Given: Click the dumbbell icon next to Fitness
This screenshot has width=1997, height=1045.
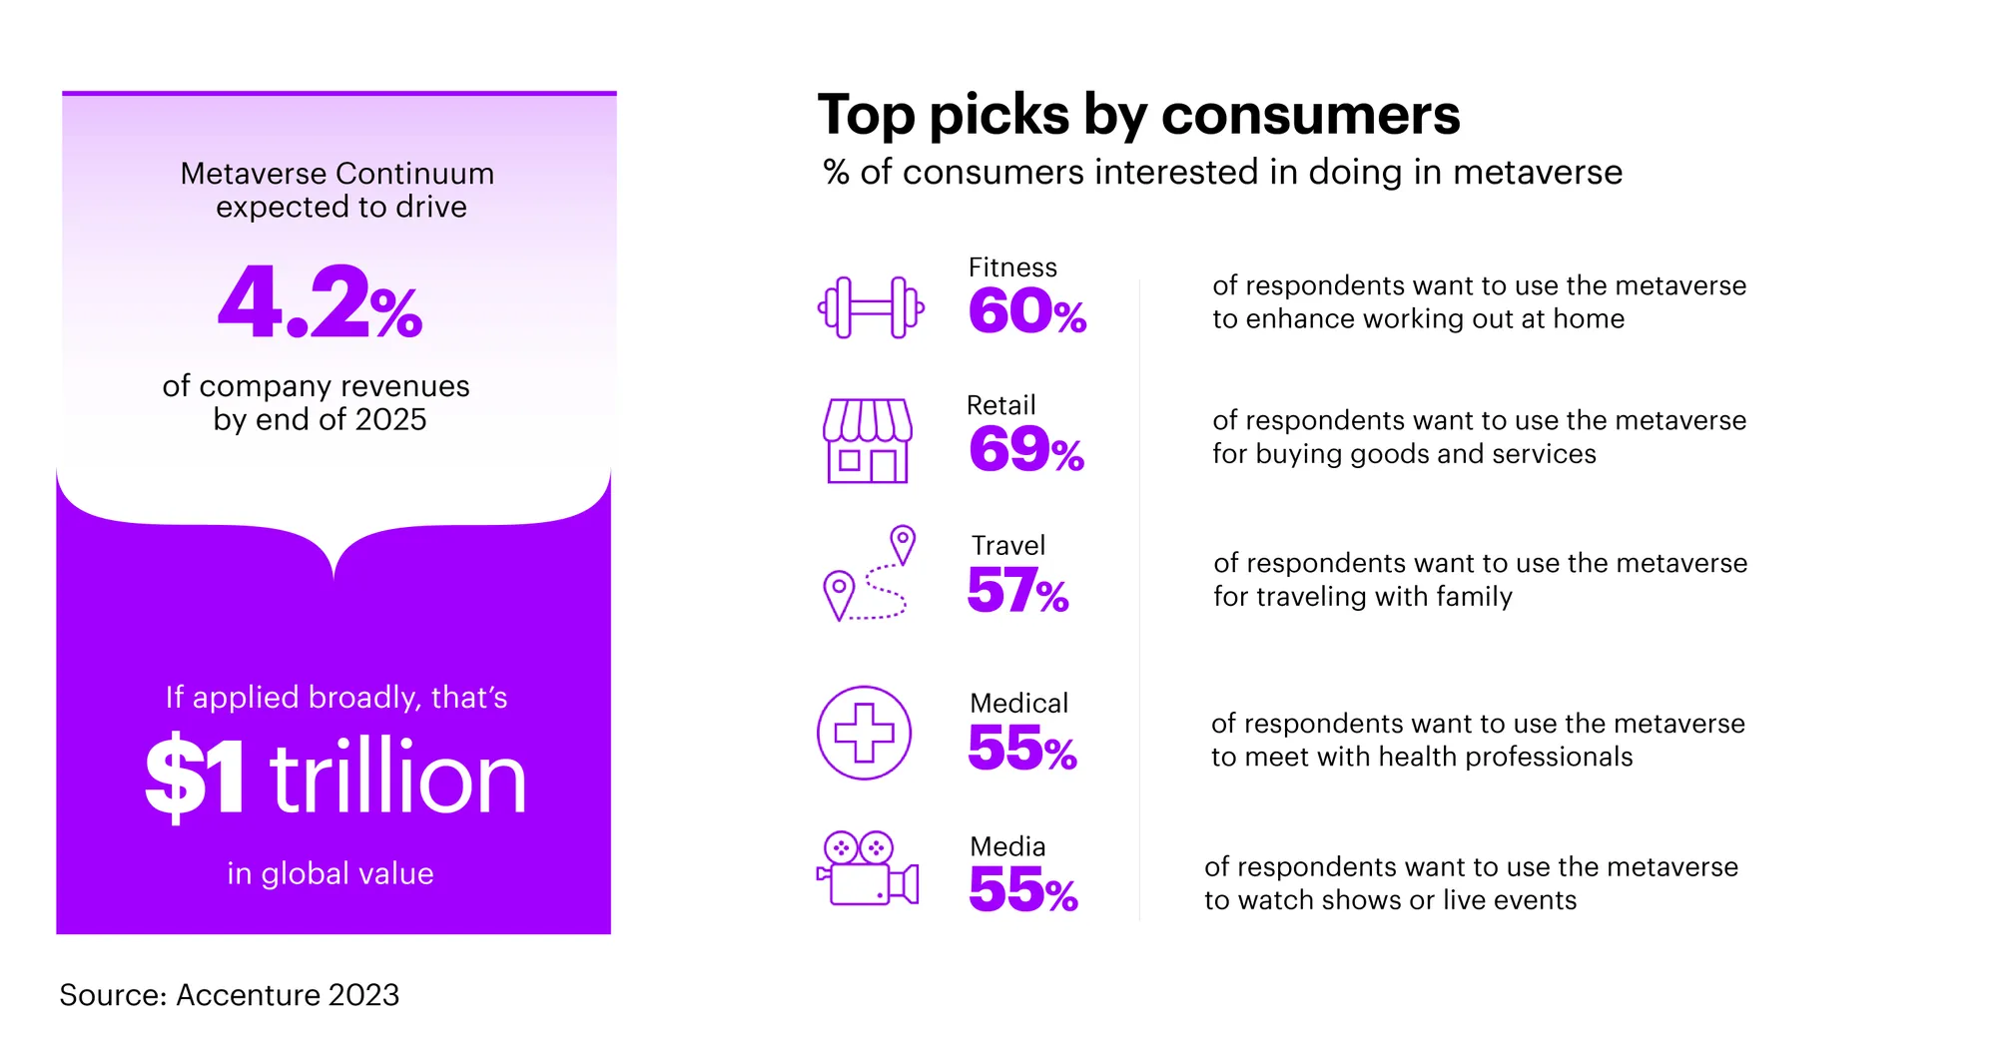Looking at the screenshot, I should click(x=871, y=307).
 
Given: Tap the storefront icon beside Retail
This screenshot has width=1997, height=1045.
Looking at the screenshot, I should click(x=868, y=441).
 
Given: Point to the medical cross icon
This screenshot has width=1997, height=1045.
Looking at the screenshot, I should click(x=864, y=733).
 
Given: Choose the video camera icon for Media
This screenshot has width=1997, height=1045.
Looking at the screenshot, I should click(x=868, y=870).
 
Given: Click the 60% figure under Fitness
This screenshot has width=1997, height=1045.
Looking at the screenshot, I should click(x=1026, y=311).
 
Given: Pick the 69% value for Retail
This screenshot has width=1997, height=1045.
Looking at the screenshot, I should click(x=1025, y=450).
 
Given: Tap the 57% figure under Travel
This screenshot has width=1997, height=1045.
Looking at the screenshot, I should click(x=1017, y=591).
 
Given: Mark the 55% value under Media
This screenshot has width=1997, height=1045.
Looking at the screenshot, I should click(x=1022, y=890).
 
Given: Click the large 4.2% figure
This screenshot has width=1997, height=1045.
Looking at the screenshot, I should click(x=320, y=303).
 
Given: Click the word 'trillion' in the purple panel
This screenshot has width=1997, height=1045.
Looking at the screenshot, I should click(x=397, y=779).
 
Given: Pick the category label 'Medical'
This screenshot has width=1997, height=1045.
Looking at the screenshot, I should click(x=1018, y=704).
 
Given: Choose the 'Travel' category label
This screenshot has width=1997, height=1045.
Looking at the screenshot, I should click(x=1008, y=546).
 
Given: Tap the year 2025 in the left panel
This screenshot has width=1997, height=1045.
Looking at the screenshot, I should click(x=390, y=420).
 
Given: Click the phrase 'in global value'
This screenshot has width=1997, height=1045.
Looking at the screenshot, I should click(x=331, y=874).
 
